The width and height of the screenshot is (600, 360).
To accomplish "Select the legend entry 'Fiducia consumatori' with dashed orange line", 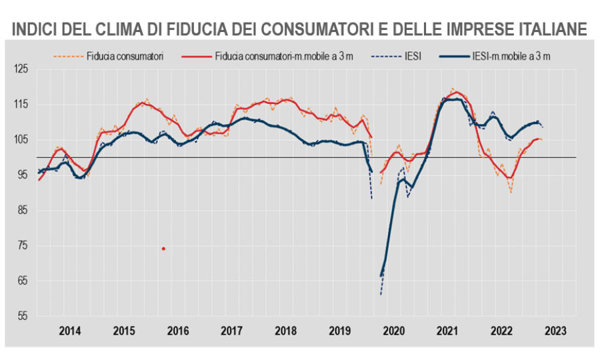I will click(125, 55).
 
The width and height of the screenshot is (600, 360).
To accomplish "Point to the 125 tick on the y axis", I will click(22, 69).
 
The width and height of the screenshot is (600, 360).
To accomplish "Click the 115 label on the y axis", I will click(22, 104).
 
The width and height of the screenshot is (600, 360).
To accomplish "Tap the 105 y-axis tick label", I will click(22, 139).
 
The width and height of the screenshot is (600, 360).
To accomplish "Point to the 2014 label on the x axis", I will click(69, 330).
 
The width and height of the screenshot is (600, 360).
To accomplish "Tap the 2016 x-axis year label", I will click(177, 330).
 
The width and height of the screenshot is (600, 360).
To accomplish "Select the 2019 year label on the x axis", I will click(339, 330).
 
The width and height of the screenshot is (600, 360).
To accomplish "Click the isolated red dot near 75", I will click(163, 249).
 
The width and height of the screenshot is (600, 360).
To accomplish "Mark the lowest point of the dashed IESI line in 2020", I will click(381, 294).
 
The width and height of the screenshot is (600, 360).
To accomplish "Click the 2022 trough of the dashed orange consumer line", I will click(511, 192).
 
